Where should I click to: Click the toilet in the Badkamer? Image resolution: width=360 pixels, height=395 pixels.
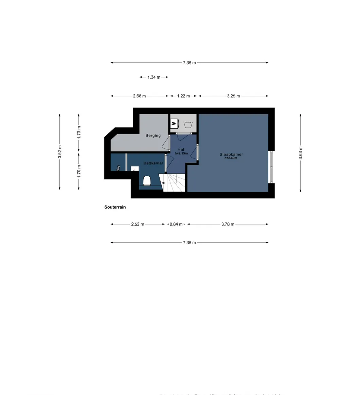[x=147, y=181]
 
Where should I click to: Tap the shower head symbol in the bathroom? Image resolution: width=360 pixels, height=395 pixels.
[x=119, y=167]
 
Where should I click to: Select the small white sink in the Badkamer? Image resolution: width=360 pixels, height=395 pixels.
[x=135, y=168]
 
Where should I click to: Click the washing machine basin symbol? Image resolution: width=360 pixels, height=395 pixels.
[x=188, y=124]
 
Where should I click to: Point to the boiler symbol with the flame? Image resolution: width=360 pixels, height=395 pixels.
[x=174, y=124]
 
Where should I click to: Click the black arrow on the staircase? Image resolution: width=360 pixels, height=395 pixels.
[x=163, y=183]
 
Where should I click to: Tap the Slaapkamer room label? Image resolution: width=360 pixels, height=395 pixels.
[x=231, y=155]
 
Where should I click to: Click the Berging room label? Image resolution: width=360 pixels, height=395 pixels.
[x=153, y=136]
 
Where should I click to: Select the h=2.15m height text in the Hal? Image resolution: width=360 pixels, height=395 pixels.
[x=181, y=154]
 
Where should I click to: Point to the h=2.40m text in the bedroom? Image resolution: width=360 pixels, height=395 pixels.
[x=231, y=158]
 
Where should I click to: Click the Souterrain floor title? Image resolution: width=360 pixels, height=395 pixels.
[x=115, y=207]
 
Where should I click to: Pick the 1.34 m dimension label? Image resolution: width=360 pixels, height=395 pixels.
[x=154, y=77]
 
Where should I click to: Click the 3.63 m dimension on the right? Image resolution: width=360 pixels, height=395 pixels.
[x=301, y=153]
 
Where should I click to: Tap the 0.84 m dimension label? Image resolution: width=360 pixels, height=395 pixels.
[x=176, y=224]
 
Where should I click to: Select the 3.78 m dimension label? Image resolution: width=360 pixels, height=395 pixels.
[x=228, y=224]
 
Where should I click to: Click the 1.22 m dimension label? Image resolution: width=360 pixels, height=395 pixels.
[x=183, y=96]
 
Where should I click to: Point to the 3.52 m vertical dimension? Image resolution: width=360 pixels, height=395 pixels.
[x=60, y=152]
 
